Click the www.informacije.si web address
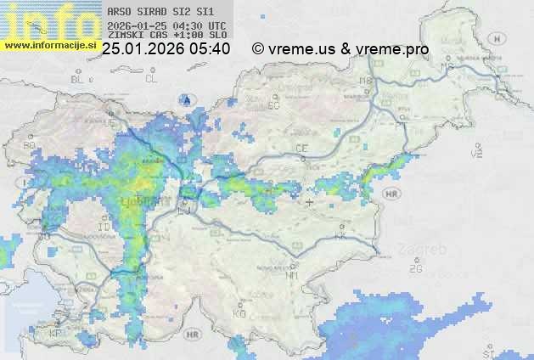pos(50,44)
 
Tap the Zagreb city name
pos(424,251)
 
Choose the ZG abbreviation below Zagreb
pos(416,269)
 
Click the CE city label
pos(301,148)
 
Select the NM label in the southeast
pos(292,275)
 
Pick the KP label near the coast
pos(57,334)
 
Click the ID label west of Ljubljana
pos(104,228)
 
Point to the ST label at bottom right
pos(487,352)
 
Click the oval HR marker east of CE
pos(391,194)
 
